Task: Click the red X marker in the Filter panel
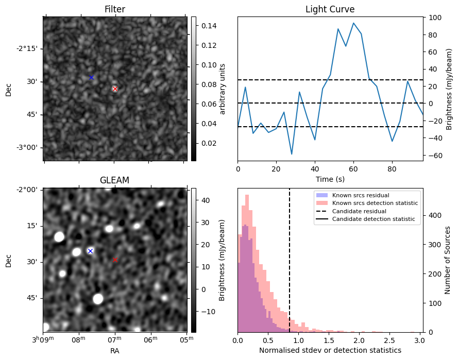tap(115, 89)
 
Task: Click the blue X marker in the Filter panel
tap(91, 78)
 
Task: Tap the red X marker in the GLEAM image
tap(115, 260)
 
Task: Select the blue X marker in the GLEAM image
tap(91, 251)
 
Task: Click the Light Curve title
tap(330, 9)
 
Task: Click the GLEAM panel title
tap(114, 180)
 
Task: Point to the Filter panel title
tap(115, 9)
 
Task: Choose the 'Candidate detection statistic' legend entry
tap(365, 219)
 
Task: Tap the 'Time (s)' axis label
tap(330, 179)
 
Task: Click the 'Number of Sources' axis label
tap(447, 260)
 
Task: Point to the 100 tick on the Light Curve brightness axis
tap(435, 18)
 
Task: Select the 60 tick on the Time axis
tap(353, 169)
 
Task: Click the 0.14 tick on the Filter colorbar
tap(209, 26)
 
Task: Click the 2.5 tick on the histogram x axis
tap(390, 340)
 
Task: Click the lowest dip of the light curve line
tap(292, 154)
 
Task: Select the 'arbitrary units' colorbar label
tap(222, 89)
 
